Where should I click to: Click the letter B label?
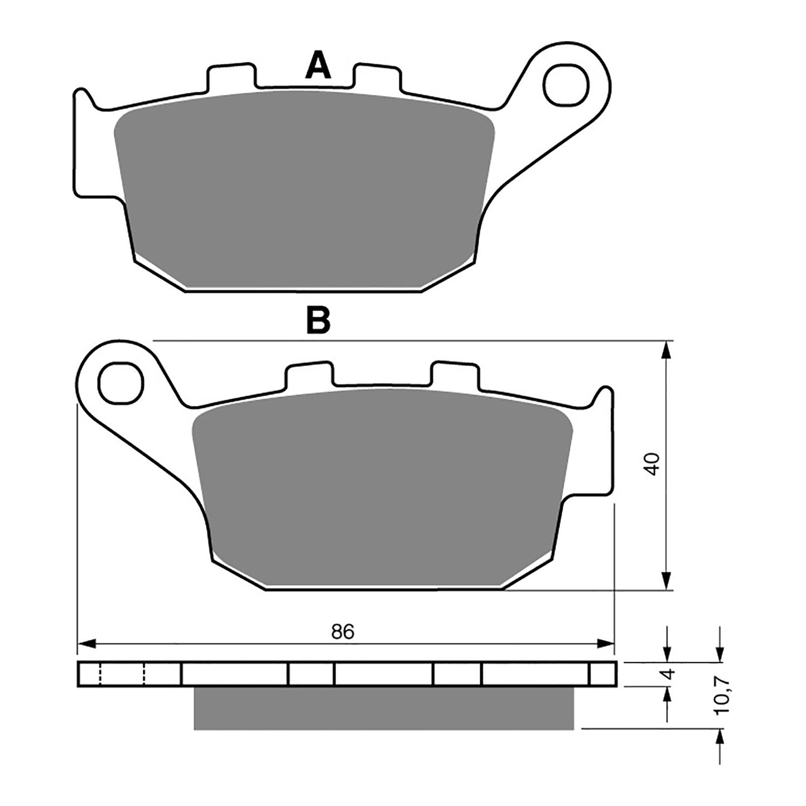pos(318,320)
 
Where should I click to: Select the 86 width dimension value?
pos(342,631)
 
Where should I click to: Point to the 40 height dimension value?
pos(653,464)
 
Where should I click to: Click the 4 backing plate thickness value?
pos(670,673)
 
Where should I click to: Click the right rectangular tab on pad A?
pos(377,77)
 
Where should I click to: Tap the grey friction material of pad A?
pos(304,190)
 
